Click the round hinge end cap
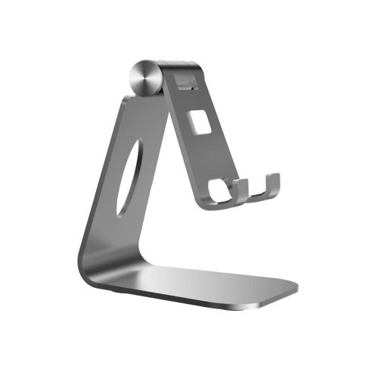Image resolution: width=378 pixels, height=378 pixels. (144, 76)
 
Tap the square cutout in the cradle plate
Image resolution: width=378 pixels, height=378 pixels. (200, 121)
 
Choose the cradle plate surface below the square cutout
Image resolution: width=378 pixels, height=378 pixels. (208, 163)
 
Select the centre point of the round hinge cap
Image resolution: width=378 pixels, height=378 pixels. (144, 76)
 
